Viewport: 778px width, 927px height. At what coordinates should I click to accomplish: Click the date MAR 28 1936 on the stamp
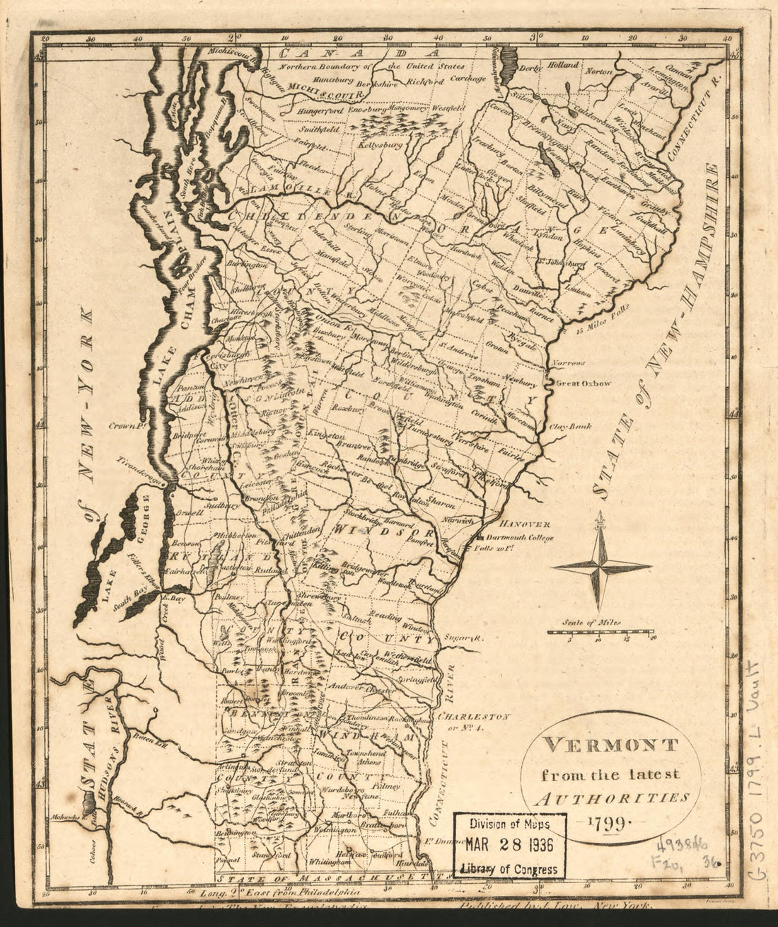click(x=509, y=846)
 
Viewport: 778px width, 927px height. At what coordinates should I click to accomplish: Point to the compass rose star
click(x=602, y=565)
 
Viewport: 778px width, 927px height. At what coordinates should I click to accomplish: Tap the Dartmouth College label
click(x=523, y=537)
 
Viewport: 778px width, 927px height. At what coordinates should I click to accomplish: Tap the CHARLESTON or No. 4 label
click(x=474, y=720)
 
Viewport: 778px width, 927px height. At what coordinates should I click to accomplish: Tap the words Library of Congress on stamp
click(x=509, y=869)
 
